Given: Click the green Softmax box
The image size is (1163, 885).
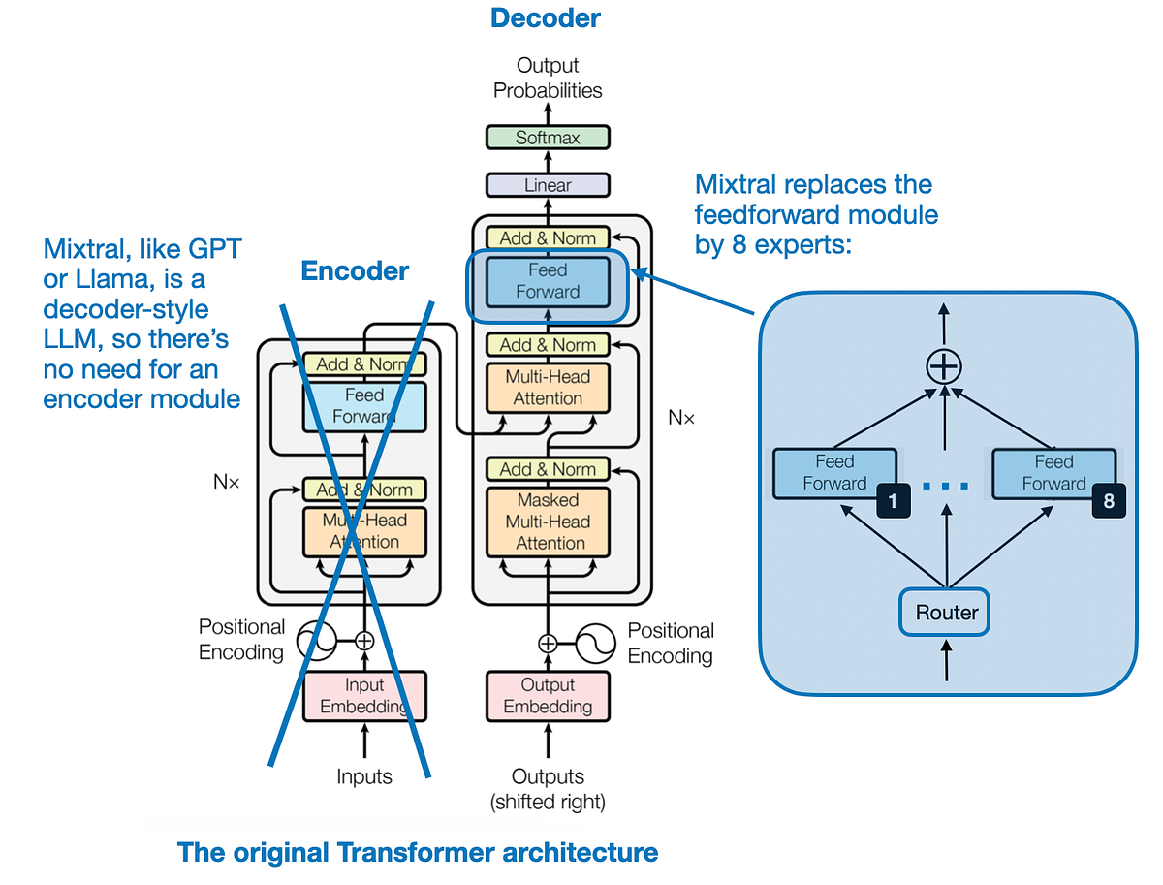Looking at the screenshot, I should [548, 138].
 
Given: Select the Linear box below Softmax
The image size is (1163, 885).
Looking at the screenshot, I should [548, 185].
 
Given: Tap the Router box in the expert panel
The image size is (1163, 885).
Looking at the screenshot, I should [946, 613].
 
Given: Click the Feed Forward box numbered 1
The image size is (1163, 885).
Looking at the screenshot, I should [833, 473].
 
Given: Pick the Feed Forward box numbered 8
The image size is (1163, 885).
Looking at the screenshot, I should [1053, 473].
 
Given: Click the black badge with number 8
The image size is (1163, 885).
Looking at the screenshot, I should [1109, 501].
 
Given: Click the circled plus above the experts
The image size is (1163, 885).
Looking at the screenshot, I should [945, 367].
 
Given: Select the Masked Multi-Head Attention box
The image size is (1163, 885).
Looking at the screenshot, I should [548, 522].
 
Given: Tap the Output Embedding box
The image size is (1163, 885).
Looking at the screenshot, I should [548, 696].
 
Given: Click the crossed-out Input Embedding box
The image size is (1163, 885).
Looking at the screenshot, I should [365, 696].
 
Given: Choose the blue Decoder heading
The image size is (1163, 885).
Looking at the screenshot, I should [546, 17].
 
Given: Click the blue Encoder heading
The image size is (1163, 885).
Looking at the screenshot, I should [356, 271].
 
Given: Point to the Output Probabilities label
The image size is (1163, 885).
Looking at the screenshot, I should [548, 78].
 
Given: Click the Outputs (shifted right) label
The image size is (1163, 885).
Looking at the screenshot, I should [548, 788].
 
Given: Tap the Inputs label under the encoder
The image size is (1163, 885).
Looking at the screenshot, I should [364, 776].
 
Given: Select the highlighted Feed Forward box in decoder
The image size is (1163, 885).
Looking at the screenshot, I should [548, 281].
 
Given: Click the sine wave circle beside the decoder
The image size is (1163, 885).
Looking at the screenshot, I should [596, 642].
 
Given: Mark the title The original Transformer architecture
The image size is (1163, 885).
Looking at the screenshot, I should [418, 853].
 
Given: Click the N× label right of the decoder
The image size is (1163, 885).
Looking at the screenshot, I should [681, 418].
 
